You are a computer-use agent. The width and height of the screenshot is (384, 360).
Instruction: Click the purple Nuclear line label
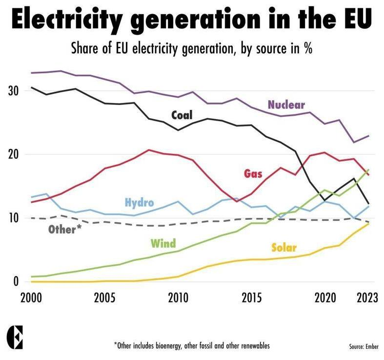point(286,105)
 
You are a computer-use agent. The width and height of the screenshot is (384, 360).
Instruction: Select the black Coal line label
point(182,115)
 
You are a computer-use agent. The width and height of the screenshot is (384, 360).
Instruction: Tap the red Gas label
point(253,173)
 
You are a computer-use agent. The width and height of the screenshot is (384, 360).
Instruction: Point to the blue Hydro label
point(140,203)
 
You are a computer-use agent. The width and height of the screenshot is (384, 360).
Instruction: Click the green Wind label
point(163,243)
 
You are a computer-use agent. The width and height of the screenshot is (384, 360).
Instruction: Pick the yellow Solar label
point(284,248)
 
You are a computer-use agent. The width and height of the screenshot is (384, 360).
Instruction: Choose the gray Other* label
point(65,229)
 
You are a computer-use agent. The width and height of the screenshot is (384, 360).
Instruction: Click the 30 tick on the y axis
point(13,91)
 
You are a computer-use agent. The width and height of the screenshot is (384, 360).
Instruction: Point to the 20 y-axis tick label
point(13,154)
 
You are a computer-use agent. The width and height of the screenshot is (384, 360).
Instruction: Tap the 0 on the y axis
point(16,281)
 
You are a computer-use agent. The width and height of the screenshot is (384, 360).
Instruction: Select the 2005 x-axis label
point(104,298)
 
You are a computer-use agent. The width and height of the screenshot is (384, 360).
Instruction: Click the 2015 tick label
point(252,298)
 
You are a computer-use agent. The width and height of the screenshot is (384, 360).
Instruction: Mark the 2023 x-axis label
point(367,298)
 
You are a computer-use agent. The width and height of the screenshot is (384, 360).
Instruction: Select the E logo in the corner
point(15,337)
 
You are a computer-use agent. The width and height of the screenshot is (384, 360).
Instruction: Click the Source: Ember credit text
point(364,346)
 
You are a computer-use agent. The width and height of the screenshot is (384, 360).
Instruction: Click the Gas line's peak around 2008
point(149,150)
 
